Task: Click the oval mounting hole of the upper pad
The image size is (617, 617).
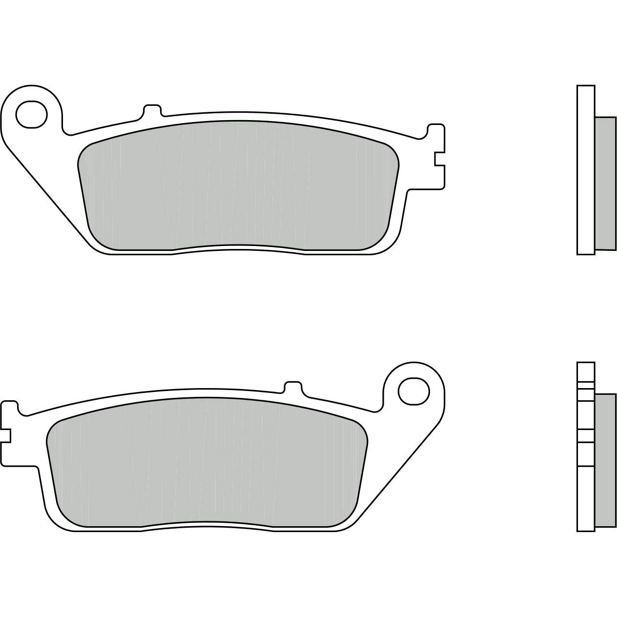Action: tap(31, 114)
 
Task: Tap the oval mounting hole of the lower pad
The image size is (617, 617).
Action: tap(413, 390)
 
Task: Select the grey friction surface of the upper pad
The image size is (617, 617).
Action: tap(239, 185)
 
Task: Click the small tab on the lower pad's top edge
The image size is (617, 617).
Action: tap(292, 386)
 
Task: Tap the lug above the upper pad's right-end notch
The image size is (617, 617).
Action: tap(436, 139)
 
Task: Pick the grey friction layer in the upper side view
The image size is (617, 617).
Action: tap(605, 183)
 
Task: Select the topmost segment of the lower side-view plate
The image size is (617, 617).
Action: tap(586, 371)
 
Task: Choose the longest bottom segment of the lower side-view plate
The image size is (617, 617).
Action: tap(586, 498)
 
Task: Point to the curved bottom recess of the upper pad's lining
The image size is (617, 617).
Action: tap(239, 247)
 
